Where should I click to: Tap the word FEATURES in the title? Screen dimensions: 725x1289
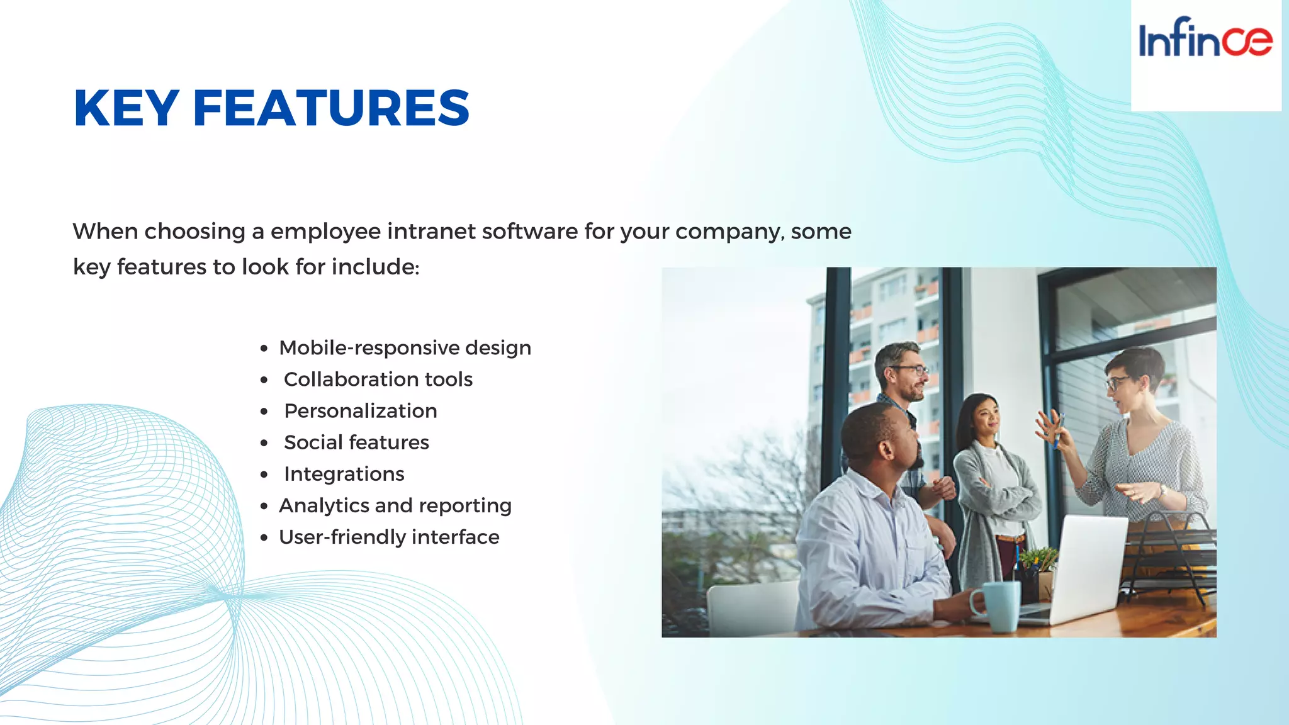(331, 108)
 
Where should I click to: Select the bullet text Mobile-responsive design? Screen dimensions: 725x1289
(405, 348)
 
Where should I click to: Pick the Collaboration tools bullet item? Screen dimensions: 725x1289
(378, 379)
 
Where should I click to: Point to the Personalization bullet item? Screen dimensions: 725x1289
(360, 411)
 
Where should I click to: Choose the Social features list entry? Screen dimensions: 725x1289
(356, 442)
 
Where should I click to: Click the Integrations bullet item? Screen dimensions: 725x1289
(344, 474)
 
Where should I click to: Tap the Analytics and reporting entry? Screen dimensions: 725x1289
(395, 505)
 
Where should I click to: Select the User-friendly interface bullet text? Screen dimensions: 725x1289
(389, 537)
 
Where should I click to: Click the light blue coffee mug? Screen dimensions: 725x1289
(997, 605)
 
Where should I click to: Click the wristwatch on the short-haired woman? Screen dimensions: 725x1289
(1162, 490)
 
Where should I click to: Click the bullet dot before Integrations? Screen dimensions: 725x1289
(264, 475)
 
